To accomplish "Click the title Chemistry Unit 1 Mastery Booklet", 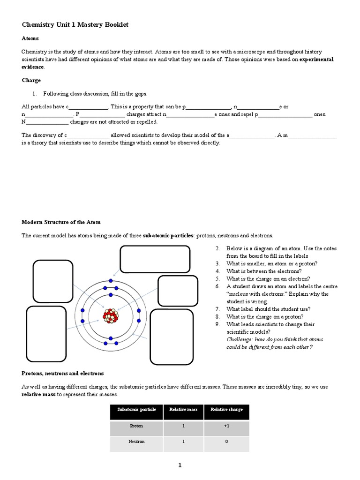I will point(75,24).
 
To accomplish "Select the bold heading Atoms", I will point(30,38).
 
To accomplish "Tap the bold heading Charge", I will point(31,80).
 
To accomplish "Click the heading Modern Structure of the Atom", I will point(61,222).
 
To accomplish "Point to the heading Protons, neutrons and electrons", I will point(63,373).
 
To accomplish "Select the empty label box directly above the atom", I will point(155,259).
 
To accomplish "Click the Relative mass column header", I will point(183,409).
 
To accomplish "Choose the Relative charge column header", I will point(226,409).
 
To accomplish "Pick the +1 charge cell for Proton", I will point(226,426).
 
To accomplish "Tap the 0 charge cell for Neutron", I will point(226,442).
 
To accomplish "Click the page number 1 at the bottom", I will point(179,465).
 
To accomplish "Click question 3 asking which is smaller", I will point(271,263).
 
